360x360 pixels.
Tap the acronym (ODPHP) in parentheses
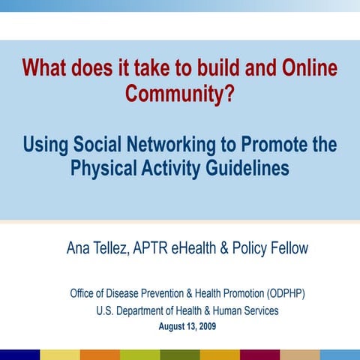pos(278,293)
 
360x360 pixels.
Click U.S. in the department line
pos(107,310)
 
